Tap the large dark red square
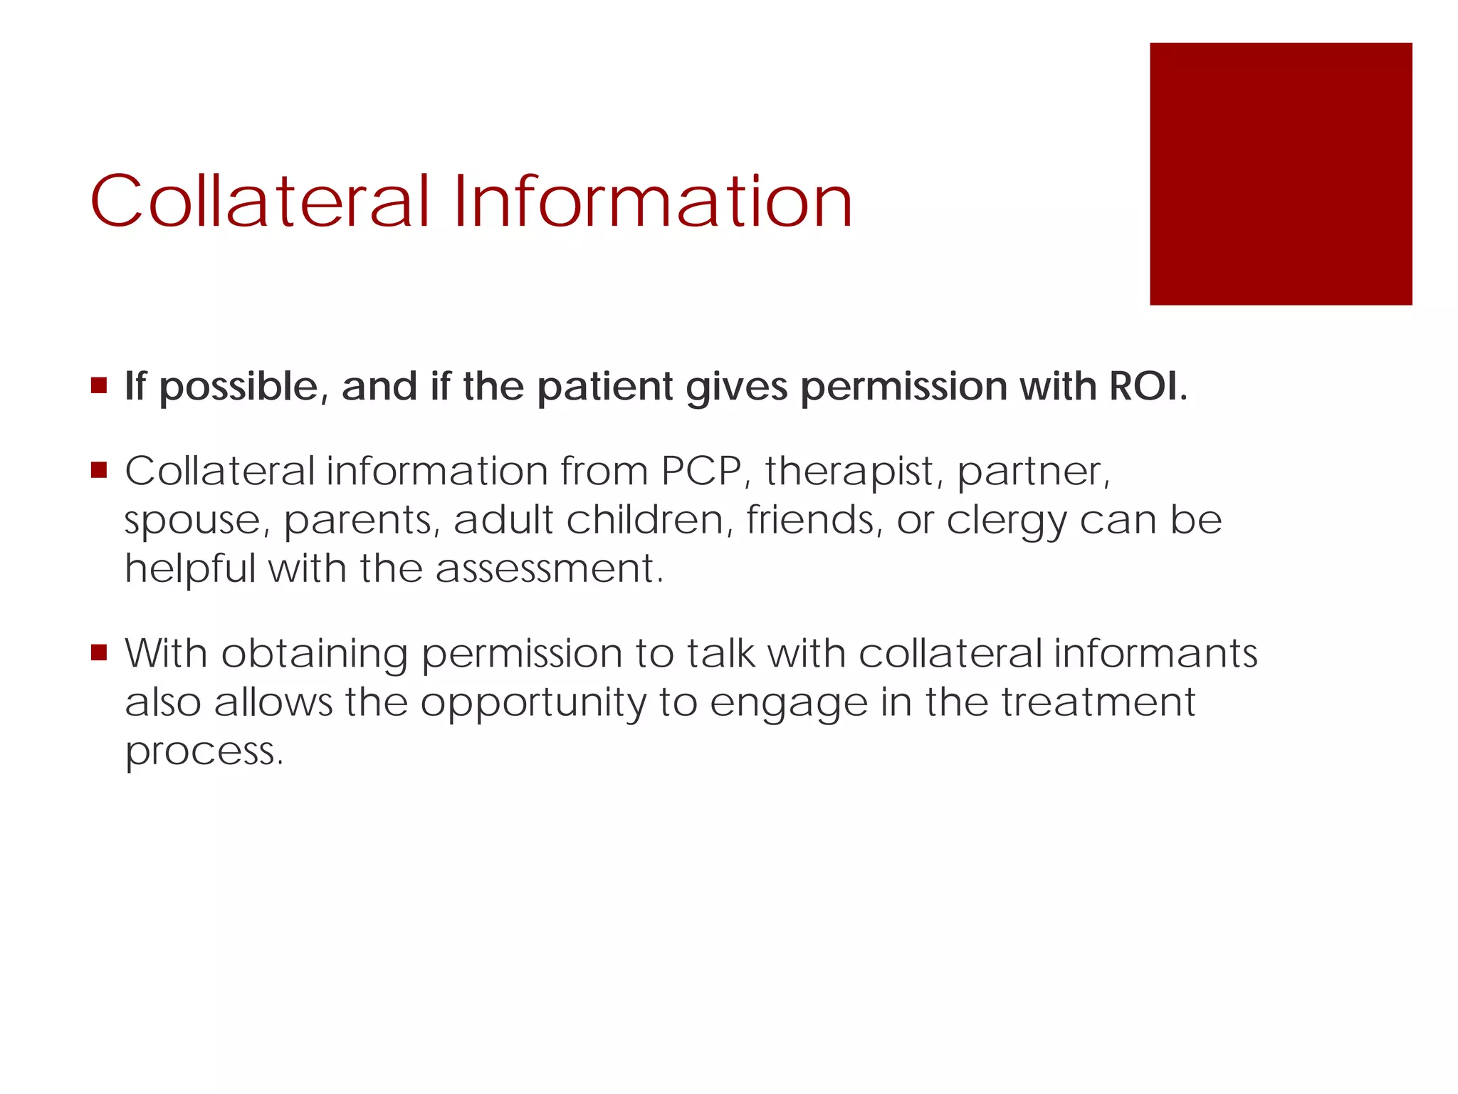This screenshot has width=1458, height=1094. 1280,174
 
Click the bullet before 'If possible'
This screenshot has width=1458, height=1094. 99,386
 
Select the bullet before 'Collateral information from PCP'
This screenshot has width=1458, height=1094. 99,470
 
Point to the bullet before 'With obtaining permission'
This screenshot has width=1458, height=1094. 99,652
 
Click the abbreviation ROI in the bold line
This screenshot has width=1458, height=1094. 1147,386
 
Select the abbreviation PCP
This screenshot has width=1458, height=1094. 701,471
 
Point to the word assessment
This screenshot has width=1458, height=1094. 548,568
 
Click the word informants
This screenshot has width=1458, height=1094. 1155,653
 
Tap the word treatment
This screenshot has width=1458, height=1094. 1098,702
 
